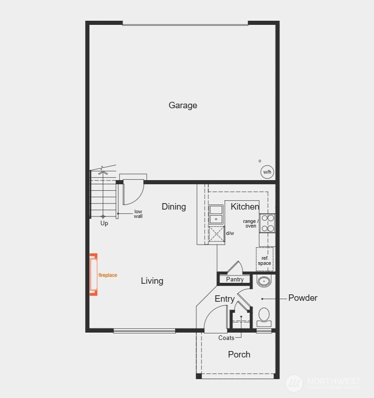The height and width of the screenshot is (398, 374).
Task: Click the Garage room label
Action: click(x=183, y=105)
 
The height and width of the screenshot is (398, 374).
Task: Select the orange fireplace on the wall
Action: click(x=93, y=275)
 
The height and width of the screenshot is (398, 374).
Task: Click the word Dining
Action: click(x=174, y=207)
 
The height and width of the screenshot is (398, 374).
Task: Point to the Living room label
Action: click(x=152, y=281)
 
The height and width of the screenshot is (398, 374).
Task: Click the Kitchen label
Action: click(x=245, y=207)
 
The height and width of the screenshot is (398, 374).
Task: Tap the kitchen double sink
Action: click(x=216, y=215)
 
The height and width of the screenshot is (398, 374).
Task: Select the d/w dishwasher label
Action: click(x=230, y=233)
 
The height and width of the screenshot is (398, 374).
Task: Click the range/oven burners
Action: click(x=268, y=223)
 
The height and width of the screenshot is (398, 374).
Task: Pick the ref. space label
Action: click(x=264, y=261)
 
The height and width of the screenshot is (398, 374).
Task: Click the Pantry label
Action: click(x=235, y=280)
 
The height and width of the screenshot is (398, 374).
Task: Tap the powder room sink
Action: click(x=264, y=281)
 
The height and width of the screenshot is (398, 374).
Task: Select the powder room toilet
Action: click(x=264, y=316)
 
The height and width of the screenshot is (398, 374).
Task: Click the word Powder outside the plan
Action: click(x=303, y=298)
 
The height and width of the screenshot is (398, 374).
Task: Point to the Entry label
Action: click(x=225, y=299)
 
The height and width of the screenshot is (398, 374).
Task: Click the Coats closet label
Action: click(x=226, y=338)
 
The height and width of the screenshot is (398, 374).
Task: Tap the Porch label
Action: click(x=240, y=354)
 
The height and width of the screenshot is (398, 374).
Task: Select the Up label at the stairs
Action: click(x=105, y=223)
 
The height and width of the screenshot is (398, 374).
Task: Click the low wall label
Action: click(x=138, y=214)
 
